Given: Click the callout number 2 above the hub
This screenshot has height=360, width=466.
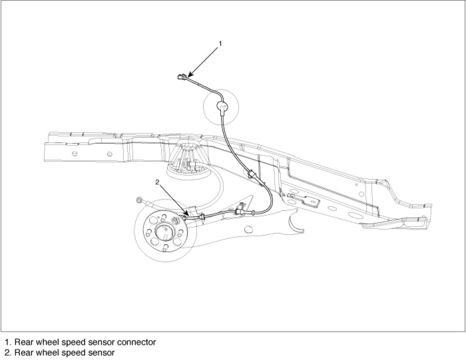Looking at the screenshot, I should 157,182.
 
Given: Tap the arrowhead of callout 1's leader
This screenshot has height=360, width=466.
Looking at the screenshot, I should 189,75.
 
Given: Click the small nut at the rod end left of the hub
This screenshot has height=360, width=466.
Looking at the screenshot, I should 139,200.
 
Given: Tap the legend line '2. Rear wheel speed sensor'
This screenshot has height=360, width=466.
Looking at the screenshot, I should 59,353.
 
